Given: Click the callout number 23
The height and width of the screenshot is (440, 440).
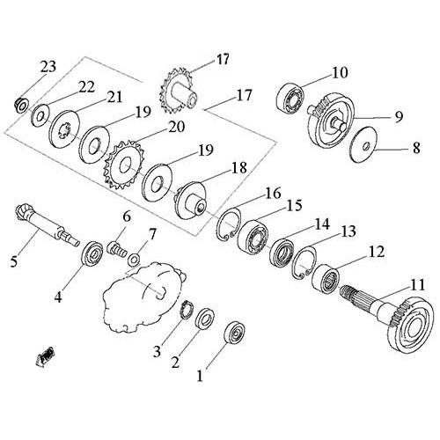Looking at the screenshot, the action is pyautogui.click(x=48, y=67).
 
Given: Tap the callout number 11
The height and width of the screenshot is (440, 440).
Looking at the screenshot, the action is pyautogui.click(x=417, y=285).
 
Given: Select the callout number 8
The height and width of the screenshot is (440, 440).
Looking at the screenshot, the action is pyautogui.click(x=416, y=148).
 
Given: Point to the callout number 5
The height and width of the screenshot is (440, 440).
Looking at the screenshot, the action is pyautogui.click(x=14, y=261).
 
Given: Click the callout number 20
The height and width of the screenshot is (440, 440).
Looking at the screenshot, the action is pyautogui.click(x=177, y=127).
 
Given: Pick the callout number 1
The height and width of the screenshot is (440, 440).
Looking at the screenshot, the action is pyautogui.click(x=200, y=376).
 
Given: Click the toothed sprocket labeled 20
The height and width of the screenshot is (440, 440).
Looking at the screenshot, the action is pyautogui.click(x=123, y=165).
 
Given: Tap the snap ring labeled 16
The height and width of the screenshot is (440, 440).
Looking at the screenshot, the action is pyautogui.click(x=230, y=224).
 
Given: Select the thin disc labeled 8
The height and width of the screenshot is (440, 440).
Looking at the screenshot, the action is pyautogui.click(x=365, y=144).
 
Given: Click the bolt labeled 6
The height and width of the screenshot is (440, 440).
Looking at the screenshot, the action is pyautogui.click(x=117, y=250).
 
